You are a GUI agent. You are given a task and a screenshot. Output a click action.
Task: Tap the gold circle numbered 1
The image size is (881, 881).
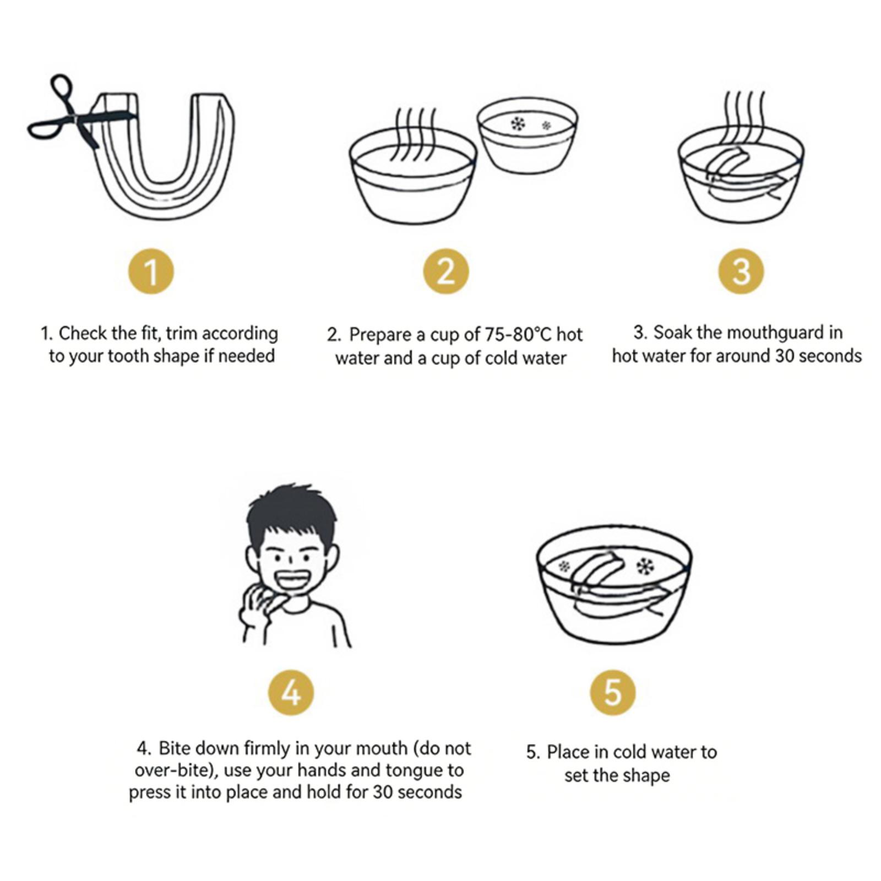[x=151, y=272]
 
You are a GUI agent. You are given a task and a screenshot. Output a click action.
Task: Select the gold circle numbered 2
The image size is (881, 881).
[x=446, y=271]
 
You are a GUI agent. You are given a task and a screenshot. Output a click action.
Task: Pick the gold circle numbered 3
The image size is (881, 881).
[x=741, y=271]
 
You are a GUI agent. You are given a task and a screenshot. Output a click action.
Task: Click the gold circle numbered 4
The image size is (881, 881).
[x=291, y=692]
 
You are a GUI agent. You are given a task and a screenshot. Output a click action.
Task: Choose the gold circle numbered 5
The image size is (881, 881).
[x=612, y=692]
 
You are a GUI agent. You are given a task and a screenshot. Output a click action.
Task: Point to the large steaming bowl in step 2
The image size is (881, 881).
[x=413, y=176]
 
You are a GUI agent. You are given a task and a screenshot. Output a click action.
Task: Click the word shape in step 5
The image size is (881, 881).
[x=648, y=775]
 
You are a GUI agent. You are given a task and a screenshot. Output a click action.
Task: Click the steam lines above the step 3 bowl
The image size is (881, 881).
[x=743, y=116]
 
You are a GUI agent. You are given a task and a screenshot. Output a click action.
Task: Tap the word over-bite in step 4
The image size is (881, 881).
[x=173, y=770]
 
